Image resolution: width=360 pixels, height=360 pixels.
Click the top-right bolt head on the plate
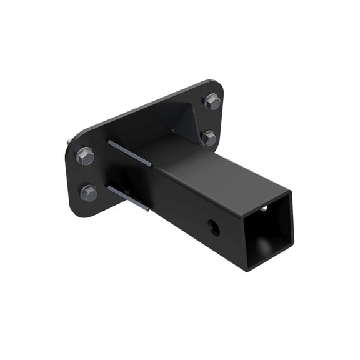coord(212,101)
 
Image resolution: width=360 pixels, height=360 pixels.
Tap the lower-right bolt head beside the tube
coord(209,138)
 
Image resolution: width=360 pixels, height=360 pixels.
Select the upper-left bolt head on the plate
coord(85,155)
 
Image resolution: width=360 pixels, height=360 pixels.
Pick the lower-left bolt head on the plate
coord(89,192)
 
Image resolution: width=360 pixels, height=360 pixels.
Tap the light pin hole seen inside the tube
coord(264,209)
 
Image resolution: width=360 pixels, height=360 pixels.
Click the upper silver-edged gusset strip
coord(129,152)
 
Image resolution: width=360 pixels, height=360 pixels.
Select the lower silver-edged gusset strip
coord(129,197)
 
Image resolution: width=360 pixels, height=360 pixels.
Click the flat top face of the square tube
coord(212,169)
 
